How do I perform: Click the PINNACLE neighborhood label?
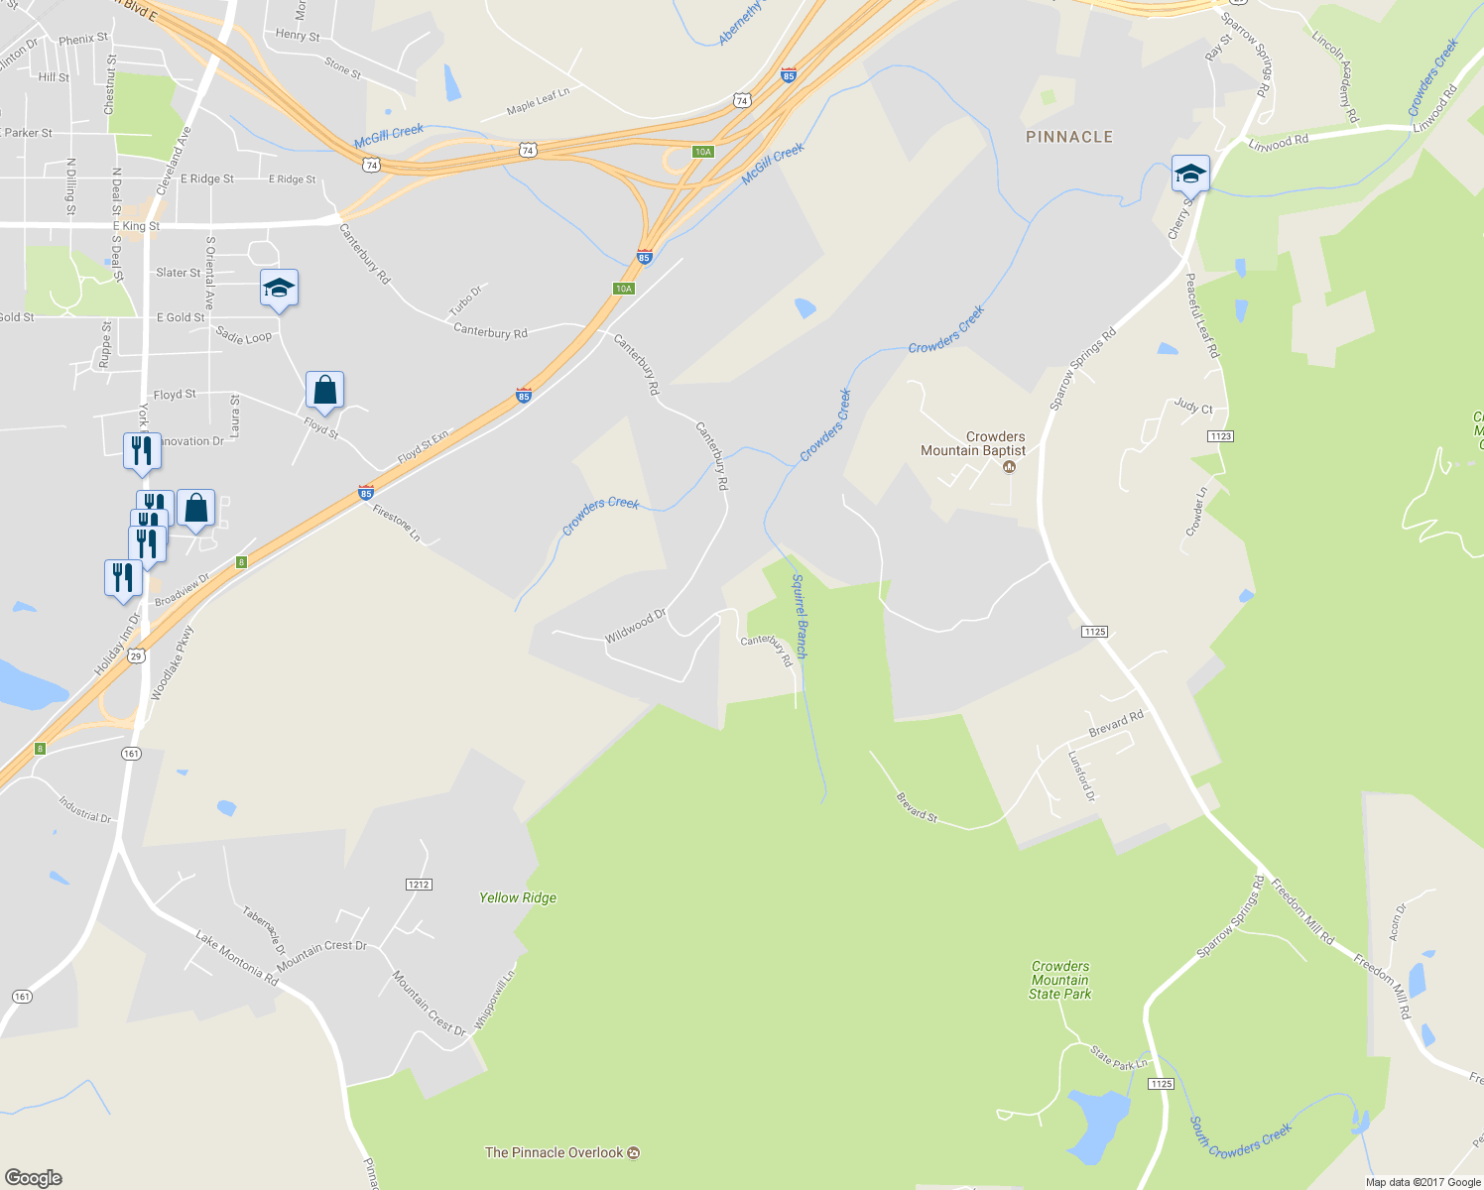click(1068, 137)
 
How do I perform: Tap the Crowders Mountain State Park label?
click(1059, 980)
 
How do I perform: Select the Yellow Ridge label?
click(518, 897)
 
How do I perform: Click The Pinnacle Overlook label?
click(554, 1152)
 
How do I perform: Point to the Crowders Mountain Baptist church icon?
click(1010, 467)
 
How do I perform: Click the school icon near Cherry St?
click(1189, 175)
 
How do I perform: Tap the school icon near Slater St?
click(279, 289)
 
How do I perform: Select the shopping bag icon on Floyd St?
click(324, 391)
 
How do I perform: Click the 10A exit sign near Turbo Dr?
click(623, 289)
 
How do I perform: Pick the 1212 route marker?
click(419, 884)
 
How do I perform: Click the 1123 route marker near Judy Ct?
click(1220, 436)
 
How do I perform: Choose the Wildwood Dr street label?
click(635, 626)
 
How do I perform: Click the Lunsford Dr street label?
click(1081, 775)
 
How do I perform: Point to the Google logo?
click(34, 1177)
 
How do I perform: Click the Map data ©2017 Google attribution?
click(1422, 1181)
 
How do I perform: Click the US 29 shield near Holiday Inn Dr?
click(137, 655)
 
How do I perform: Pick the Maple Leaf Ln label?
click(538, 101)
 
